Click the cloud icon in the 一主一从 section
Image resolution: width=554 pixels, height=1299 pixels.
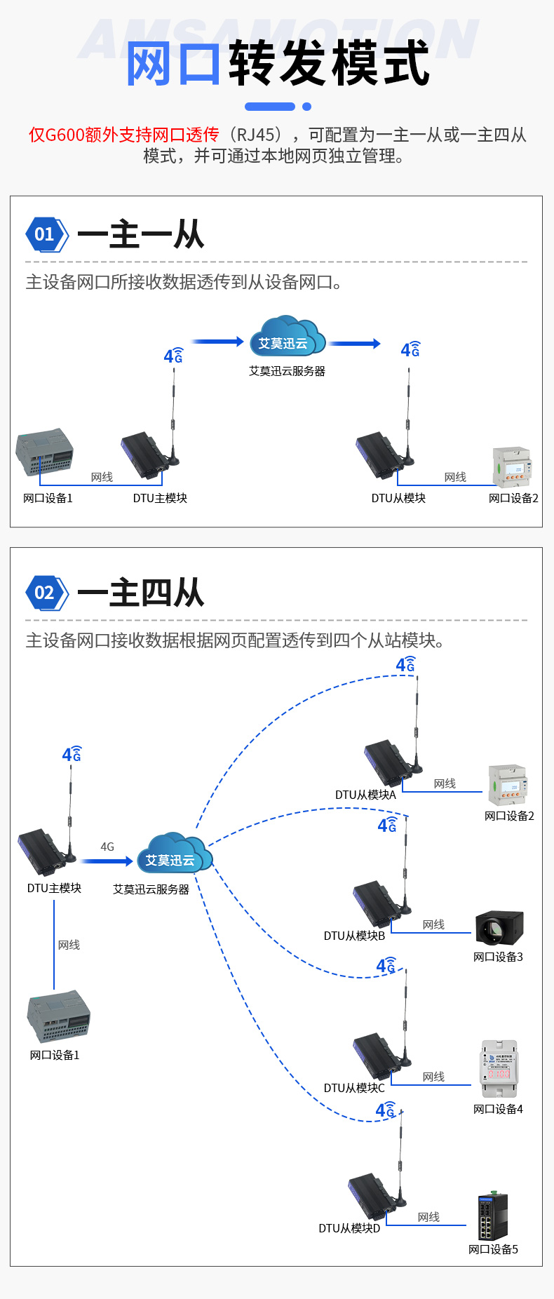click(x=286, y=337)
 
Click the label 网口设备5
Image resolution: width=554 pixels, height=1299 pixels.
click(x=493, y=1249)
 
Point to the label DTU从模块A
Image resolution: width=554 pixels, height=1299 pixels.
click(x=365, y=795)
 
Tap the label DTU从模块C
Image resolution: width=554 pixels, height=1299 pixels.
click(x=354, y=1088)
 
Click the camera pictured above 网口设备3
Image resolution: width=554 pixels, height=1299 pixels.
click(x=499, y=929)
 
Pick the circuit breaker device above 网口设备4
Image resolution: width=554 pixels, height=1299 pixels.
click(x=499, y=1068)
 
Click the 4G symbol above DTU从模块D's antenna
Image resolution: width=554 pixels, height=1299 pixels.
click(x=386, y=1110)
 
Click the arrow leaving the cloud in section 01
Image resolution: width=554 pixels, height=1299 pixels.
click(x=355, y=344)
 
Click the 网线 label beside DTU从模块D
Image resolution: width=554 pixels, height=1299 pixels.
click(x=428, y=1217)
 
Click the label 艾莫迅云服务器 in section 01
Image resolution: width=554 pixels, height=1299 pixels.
click(x=287, y=371)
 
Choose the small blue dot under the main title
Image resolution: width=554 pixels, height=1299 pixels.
click(x=306, y=107)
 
